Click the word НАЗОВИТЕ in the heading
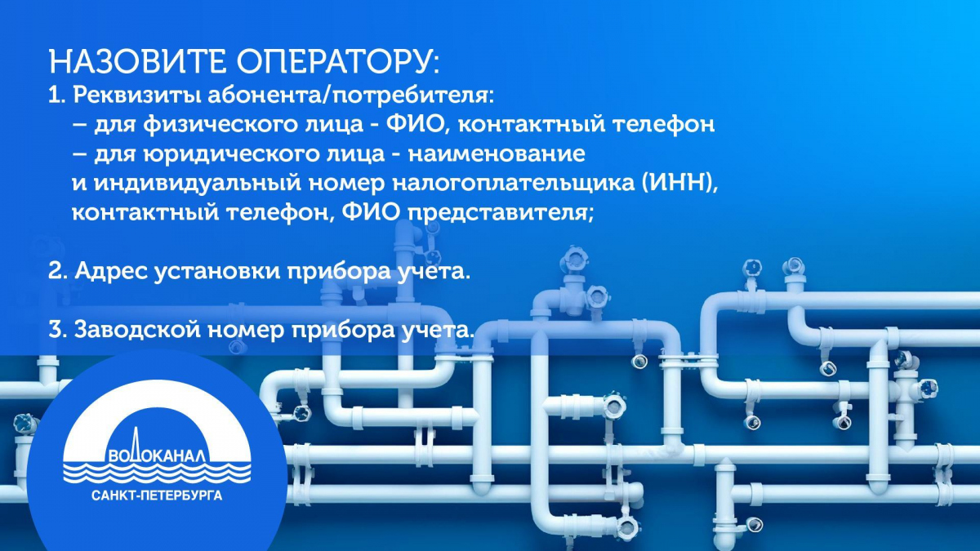pyautogui.click(x=137, y=62)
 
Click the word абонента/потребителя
pyautogui.click(x=350, y=96)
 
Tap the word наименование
pyautogui.click(x=497, y=154)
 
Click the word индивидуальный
pyautogui.click(x=198, y=184)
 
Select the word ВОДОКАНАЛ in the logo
pyautogui.click(x=156, y=455)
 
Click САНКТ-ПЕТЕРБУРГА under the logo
pyautogui.click(x=157, y=496)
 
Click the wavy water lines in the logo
pyautogui.click(x=157, y=473)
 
